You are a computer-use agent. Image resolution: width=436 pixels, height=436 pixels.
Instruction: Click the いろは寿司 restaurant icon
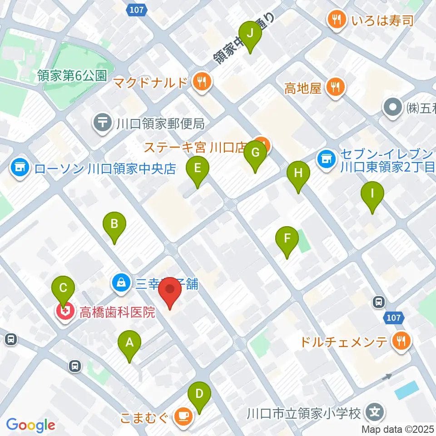(x=337, y=20)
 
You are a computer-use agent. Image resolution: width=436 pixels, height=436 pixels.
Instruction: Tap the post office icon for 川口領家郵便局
(x=103, y=123)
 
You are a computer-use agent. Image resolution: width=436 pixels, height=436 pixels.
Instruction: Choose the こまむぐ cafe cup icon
(x=183, y=417)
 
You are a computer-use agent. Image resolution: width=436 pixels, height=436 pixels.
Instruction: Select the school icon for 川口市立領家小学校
(x=375, y=413)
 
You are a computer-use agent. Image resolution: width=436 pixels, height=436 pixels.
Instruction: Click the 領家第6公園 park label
(x=72, y=75)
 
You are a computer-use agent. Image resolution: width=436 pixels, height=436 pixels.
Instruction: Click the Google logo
(x=31, y=425)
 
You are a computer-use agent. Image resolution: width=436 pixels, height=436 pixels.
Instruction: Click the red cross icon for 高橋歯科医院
(x=65, y=312)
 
